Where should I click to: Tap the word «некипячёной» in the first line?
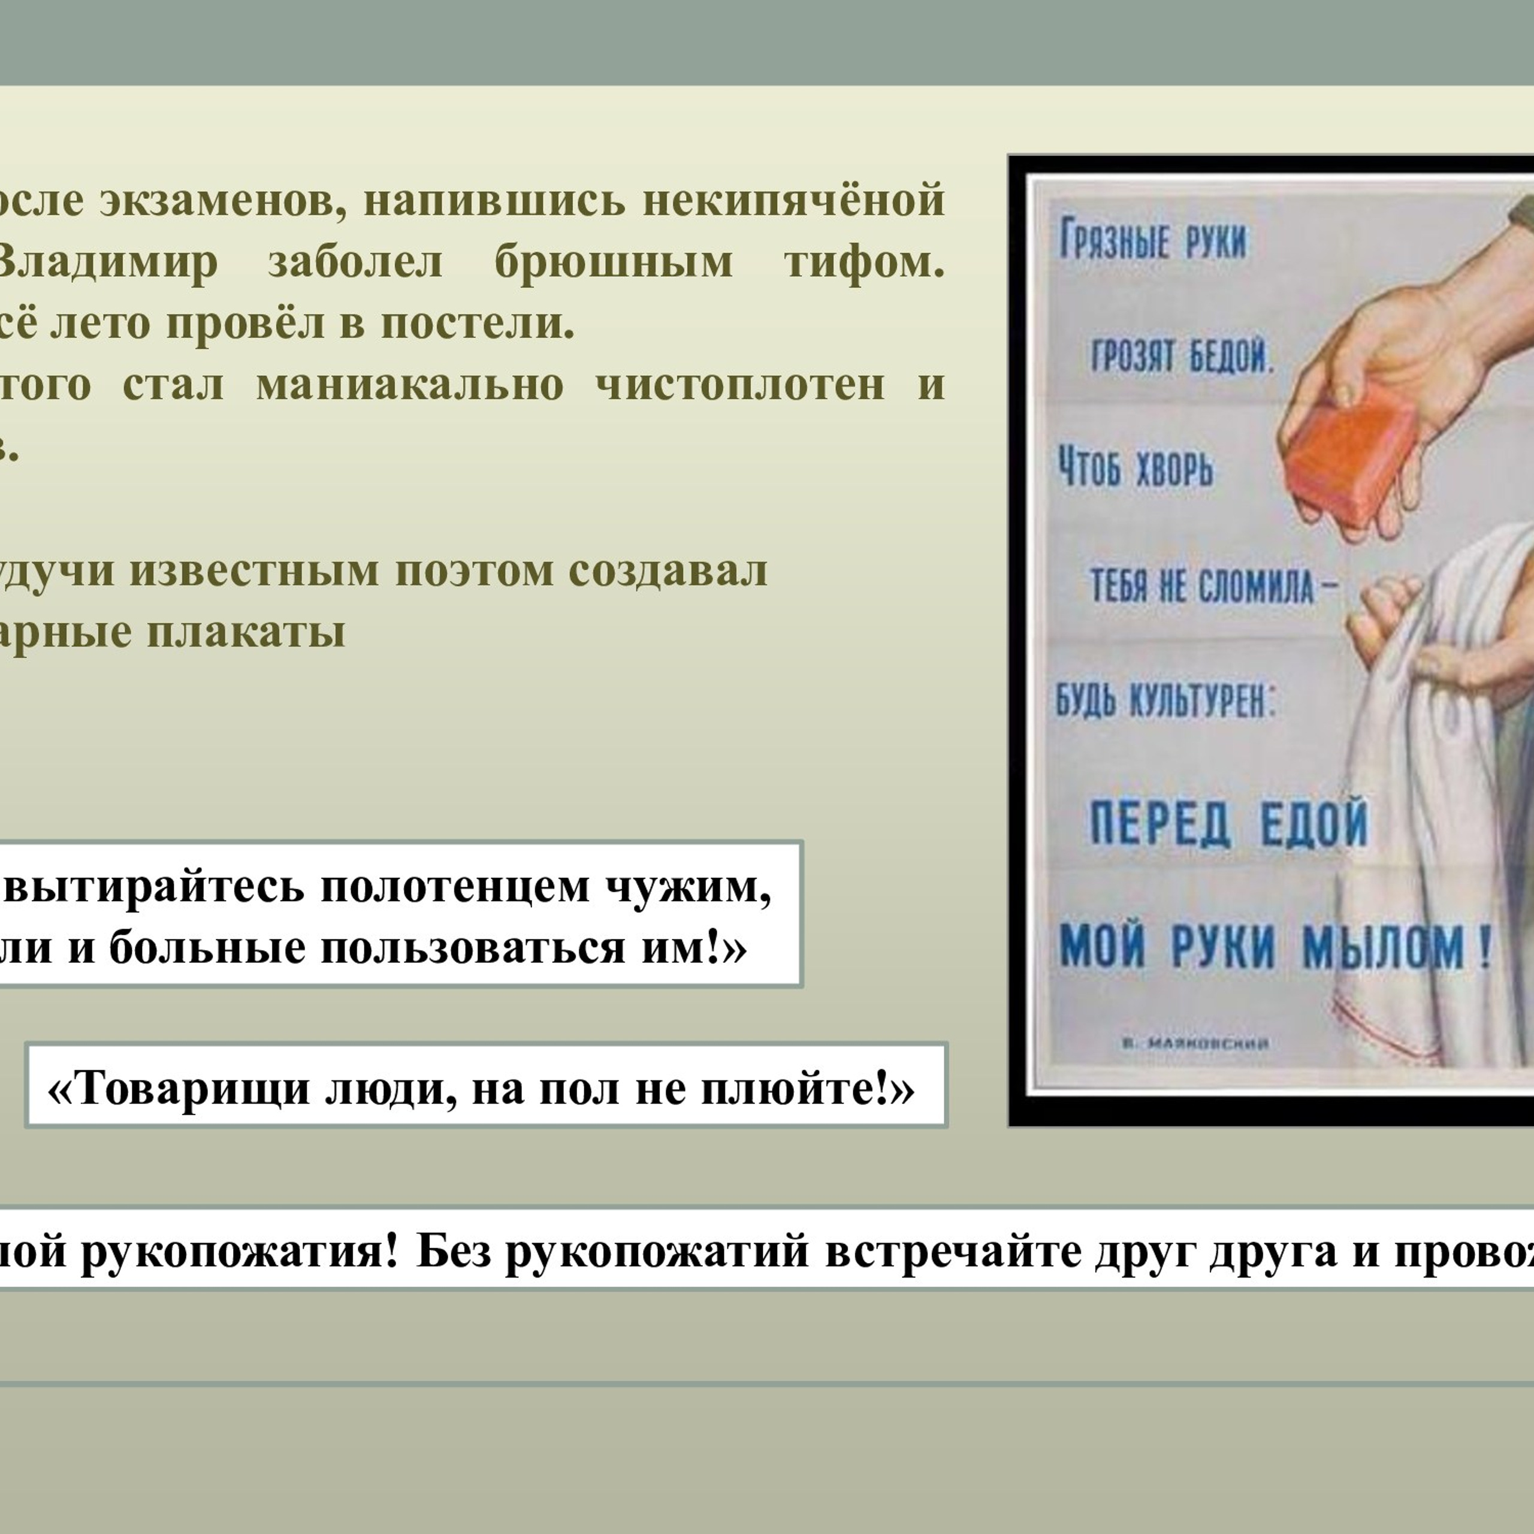793,200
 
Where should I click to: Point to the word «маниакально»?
410,385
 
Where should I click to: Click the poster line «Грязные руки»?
1153,239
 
